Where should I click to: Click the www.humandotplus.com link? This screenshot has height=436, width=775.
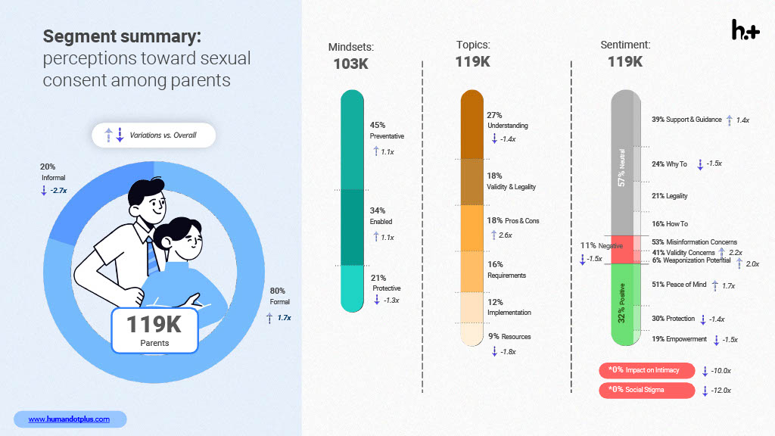[69, 419]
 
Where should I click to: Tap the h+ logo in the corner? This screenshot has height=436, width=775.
[745, 30]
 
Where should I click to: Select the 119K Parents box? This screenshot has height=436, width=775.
[154, 330]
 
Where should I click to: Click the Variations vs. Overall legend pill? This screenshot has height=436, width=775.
[154, 135]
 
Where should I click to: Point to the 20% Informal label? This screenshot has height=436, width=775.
[53, 172]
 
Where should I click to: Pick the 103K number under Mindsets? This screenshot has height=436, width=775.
[351, 64]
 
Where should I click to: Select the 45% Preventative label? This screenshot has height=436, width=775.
[387, 130]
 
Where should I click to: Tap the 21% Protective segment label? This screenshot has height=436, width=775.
[386, 283]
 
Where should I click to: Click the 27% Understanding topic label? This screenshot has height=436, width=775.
[508, 120]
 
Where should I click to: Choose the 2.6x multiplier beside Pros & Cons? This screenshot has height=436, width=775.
[505, 235]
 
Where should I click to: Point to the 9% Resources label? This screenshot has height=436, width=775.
[509, 337]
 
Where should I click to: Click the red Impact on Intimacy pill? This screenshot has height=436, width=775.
[647, 370]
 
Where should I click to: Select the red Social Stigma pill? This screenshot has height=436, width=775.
[647, 390]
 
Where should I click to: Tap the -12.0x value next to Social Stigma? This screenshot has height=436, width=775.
[721, 391]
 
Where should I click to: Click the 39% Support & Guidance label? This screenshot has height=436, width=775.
[686, 120]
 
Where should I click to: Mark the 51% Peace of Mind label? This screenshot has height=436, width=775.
[679, 285]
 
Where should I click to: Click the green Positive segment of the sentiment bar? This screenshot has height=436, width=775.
[626, 304]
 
